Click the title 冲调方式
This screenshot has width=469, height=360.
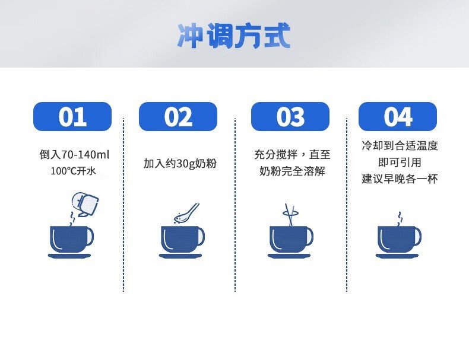click(x=233, y=35)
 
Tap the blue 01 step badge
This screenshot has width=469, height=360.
click(x=72, y=116)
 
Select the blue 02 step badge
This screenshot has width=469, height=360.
click(x=178, y=116)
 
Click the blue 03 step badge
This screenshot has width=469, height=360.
click(x=290, y=116)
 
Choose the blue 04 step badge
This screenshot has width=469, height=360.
click(x=398, y=116)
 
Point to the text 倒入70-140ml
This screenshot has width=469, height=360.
click(x=74, y=155)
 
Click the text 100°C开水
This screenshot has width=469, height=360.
click(x=73, y=171)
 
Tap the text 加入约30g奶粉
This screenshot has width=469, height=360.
click(x=180, y=164)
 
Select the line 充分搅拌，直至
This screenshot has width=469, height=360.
click(x=292, y=154)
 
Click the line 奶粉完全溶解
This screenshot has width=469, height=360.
click(x=292, y=171)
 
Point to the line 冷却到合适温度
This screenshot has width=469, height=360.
click(x=400, y=145)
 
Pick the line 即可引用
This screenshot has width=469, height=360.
click(x=400, y=163)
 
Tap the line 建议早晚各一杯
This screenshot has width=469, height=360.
click(x=400, y=179)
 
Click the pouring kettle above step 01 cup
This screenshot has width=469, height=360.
click(x=85, y=205)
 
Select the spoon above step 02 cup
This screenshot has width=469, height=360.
click(x=186, y=213)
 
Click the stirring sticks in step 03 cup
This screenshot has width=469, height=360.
click(x=290, y=215)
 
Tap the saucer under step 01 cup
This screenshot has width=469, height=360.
click(x=69, y=256)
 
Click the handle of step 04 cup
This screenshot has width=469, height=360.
click(x=417, y=237)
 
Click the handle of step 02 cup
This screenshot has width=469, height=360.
click(x=201, y=237)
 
